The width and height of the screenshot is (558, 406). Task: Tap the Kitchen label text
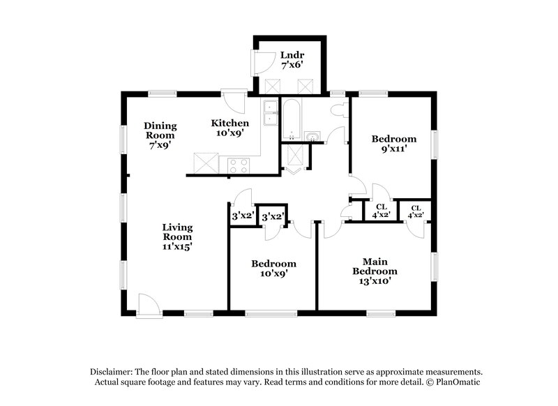tap(229, 123)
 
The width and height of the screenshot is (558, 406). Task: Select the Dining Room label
tap(160, 130)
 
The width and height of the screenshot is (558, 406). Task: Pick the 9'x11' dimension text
tap(394, 149)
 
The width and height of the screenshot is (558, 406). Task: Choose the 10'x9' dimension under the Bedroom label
tap(273, 274)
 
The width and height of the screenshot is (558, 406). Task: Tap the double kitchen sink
tap(271, 113)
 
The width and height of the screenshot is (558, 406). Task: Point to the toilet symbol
tap(340, 110)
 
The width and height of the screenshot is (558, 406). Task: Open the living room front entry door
tap(148, 305)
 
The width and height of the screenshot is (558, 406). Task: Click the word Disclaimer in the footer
tap(112, 372)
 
